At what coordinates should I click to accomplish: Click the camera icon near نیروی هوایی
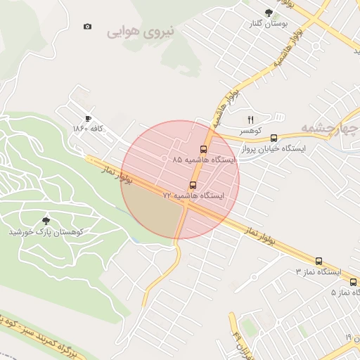click(x=87, y=27)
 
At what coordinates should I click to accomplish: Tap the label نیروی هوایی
click(x=144, y=32)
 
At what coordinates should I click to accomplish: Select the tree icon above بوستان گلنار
click(x=268, y=13)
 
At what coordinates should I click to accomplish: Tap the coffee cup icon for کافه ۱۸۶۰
click(x=87, y=118)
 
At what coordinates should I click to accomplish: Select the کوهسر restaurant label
click(x=249, y=131)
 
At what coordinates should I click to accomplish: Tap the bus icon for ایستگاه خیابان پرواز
click(x=274, y=139)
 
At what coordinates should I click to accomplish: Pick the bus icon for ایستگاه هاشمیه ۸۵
click(x=203, y=149)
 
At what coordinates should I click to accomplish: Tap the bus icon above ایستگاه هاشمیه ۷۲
click(x=193, y=185)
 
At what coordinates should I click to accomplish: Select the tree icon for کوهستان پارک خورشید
click(x=46, y=221)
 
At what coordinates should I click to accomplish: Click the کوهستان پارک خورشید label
click(x=46, y=231)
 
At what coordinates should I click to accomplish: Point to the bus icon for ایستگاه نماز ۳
click(x=319, y=261)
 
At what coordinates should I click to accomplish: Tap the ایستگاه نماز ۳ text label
click(x=317, y=271)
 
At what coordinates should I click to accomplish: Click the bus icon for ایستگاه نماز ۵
click(x=353, y=282)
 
